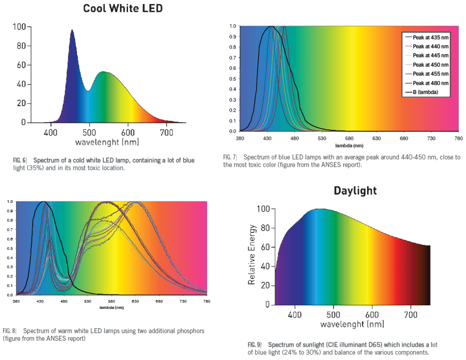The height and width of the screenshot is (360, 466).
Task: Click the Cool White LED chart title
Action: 123,8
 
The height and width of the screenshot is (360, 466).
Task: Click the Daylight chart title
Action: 355,190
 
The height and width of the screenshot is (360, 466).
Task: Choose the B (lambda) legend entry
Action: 425,92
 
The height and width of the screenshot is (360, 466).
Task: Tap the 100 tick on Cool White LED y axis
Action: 19,27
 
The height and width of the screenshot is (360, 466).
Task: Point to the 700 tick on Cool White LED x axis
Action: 167,132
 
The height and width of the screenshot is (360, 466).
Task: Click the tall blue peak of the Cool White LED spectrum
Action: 72,32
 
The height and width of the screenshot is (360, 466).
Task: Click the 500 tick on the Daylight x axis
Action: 333,315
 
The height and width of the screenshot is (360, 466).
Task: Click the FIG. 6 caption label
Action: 20,160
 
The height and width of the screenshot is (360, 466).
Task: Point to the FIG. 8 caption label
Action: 10,331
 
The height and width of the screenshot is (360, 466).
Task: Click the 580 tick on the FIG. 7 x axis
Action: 349,139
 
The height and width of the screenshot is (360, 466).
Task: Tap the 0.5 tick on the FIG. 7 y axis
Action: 232,78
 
